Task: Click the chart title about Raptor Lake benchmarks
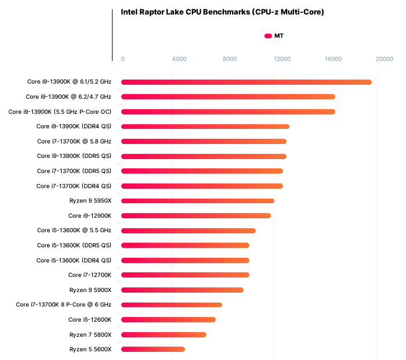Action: (x=222, y=12)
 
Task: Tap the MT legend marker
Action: (x=268, y=36)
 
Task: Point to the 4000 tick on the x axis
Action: (x=179, y=59)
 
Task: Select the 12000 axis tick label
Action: (x=282, y=59)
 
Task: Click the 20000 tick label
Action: (x=384, y=59)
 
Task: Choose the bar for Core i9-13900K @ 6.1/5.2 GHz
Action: (x=246, y=82)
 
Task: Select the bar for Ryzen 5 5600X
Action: (x=153, y=349)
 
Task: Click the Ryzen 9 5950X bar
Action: (x=198, y=201)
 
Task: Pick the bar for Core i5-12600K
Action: (x=168, y=319)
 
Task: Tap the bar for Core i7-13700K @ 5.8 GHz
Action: (x=204, y=141)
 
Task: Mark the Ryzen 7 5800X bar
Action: (x=164, y=334)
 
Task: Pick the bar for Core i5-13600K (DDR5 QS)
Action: (x=185, y=245)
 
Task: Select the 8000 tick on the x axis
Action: (x=230, y=59)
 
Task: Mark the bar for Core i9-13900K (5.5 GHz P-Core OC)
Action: (x=228, y=111)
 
